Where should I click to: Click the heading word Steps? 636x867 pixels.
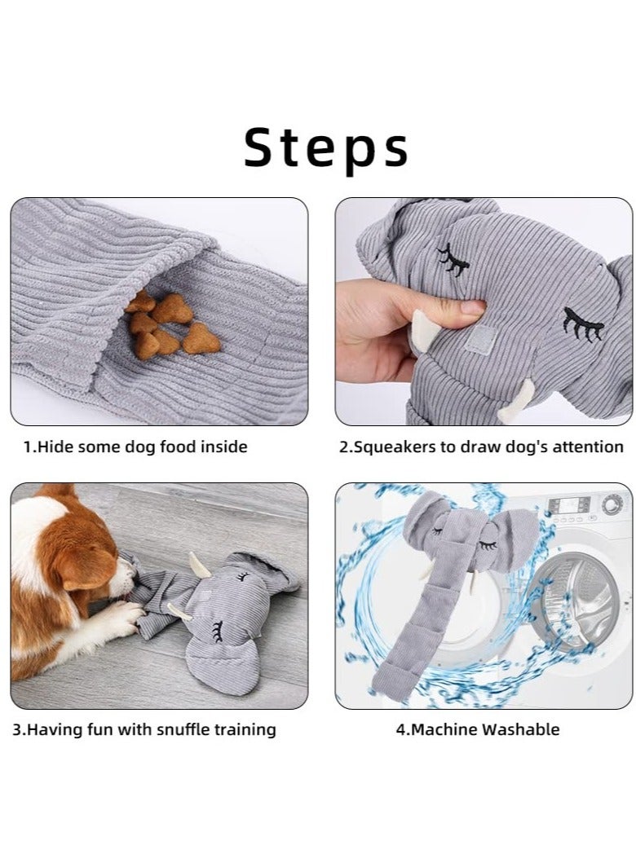(326, 148)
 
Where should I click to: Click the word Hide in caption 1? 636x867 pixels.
(58, 447)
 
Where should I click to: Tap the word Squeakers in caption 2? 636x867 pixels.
(391, 447)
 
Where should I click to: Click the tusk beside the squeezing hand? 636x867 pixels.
(422, 331)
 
